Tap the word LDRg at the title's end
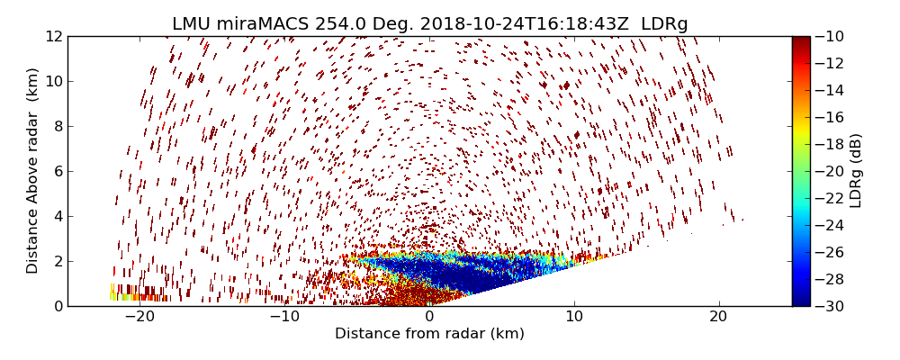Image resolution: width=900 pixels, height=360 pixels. pyautogui.click(x=664, y=24)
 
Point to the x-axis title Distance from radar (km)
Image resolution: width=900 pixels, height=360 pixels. pyautogui.click(x=429, y=334)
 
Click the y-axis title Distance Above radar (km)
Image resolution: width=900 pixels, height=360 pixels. pyautogui.click(x=33, y=171)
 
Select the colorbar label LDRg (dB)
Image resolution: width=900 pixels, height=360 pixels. pyautogui.click(x=856, y=171)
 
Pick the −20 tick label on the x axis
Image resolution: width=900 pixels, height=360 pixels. pyautogui.click(x=139, y=318)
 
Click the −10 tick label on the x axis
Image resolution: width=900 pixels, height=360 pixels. pyautogui.click(x=284, y=318)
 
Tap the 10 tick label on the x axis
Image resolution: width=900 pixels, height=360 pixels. pyautogui.click(x=574, y=318)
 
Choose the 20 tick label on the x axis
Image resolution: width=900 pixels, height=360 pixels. pyautogui.click(x=718, y=318)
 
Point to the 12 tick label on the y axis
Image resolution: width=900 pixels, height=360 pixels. pyautogui.click(x=54, y=36)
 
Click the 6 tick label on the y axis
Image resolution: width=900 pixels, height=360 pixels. pyautogui.click(x=58, y=171)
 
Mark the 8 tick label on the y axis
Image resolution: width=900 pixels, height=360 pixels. pyautogui.click(x=58, y=126)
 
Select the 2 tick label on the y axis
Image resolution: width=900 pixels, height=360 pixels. pyautogui.click(x=58, y=261)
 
